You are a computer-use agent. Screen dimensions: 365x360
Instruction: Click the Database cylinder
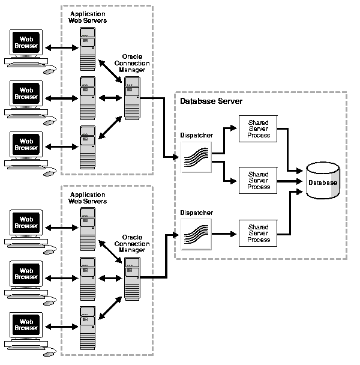point(323,181)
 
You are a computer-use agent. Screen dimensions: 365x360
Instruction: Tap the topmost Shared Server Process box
point(259,128)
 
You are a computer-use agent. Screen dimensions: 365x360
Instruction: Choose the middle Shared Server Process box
point(259,180)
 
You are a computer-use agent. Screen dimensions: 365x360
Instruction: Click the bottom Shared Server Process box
point(259,232)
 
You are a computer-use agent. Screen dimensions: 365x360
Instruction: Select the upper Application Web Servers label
point(88,17)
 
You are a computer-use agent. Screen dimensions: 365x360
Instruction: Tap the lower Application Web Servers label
point(88,198)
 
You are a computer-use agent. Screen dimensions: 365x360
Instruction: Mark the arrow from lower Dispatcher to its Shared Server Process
point(225,233)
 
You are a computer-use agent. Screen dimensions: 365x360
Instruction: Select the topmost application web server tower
point(88,49)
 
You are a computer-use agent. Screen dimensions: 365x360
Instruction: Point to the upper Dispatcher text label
point(196,136)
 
